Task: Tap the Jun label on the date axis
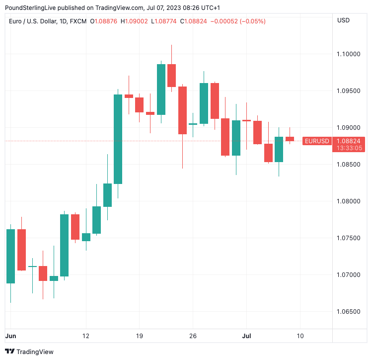[x=10, y=336]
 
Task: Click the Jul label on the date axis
[x=246, y=336]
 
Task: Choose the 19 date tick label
[x=139, y=336]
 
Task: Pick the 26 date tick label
[x=193, y=336]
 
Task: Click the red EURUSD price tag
[x=317, y=141]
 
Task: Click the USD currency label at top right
[x=343, y=20]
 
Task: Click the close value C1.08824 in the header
[x=193, y=21]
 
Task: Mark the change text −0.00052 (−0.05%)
[x=238, y=21]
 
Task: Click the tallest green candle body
[x=118, y=139]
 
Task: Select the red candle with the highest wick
[x=171, y=75]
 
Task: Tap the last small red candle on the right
[x=290, y=139]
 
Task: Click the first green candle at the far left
[x=10, y=256]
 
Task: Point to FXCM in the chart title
[x=78, y=21]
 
